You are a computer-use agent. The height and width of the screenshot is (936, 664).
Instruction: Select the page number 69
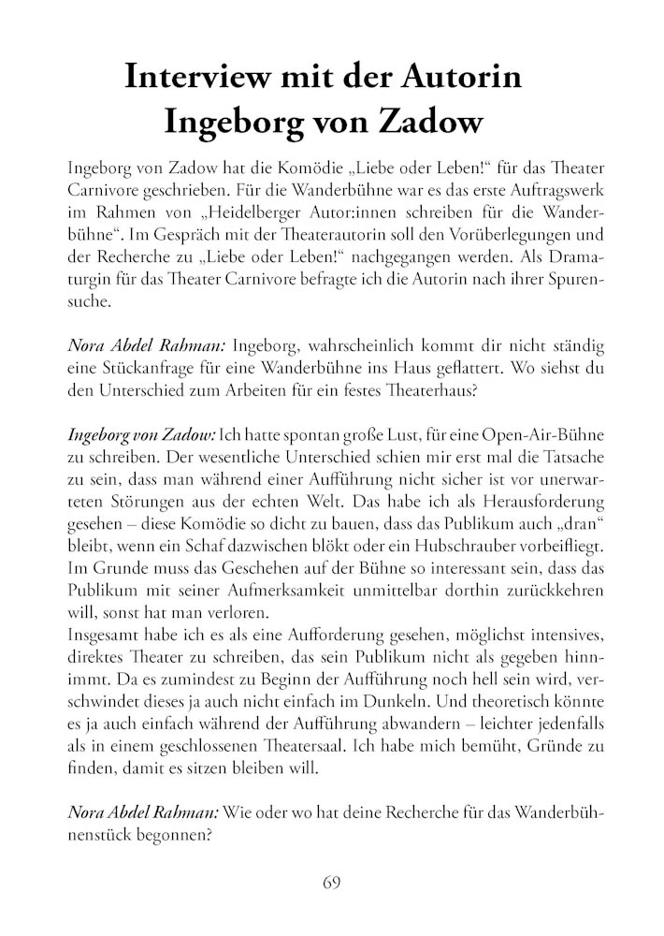331,883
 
